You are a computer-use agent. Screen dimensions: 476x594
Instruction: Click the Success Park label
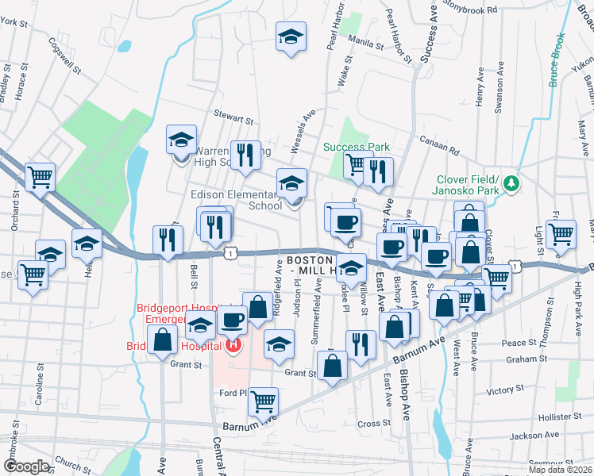[357, 147]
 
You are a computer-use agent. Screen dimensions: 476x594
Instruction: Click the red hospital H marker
[233, 345]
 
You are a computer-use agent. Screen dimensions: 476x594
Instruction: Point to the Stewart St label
[237, 119]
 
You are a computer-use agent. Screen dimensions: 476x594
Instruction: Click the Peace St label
[519, 343]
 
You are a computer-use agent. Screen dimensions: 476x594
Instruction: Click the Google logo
[26, 466]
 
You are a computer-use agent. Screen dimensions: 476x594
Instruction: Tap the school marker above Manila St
[291, 36]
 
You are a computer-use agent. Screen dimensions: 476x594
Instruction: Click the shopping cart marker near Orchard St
[40, 177]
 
